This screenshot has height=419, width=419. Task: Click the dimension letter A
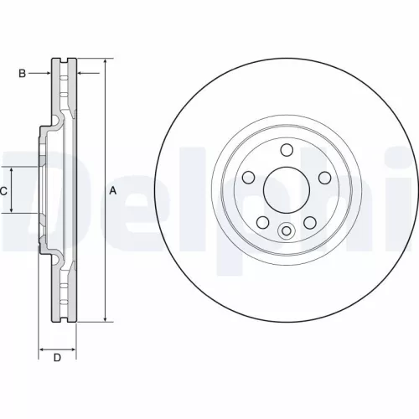112,191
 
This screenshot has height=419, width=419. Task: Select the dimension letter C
4,191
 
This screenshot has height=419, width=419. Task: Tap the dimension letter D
58,360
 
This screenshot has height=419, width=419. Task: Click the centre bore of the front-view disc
286,189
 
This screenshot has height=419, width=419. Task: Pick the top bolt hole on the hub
286,150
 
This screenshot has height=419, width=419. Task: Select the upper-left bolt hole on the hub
249,177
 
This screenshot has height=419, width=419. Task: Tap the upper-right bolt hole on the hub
323,177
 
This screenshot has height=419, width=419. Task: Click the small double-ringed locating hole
286,232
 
